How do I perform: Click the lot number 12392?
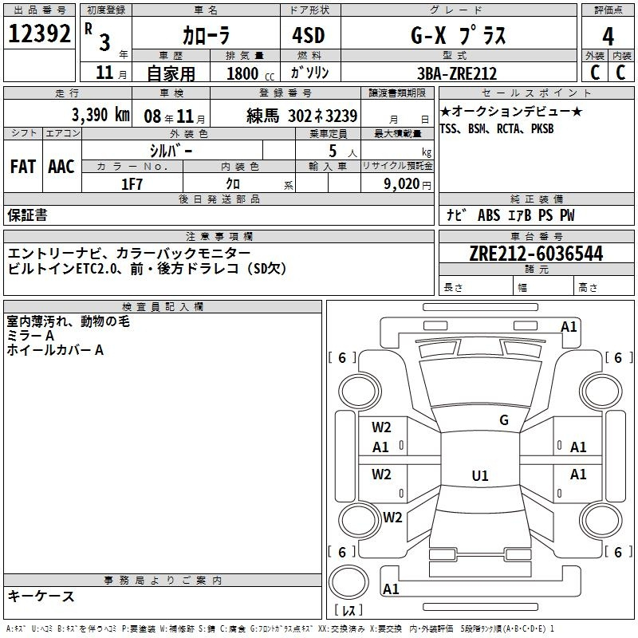[x=39, y=33]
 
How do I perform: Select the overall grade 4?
[x=608, y=37]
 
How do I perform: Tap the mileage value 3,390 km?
[x=100, y=115]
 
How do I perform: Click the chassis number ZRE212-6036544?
[x=536, y=254]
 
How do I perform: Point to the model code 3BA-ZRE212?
[x=457, y=73]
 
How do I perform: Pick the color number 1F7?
[x=132, y=184]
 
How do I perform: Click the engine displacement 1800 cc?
[x=250, y=73]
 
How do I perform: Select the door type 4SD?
[x=309, y=35]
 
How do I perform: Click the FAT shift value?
[x=23, y=167]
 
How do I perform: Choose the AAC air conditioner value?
[x=61, y=167]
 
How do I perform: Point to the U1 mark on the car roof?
[x=480, y=475]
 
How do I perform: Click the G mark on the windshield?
[x=504, y=420]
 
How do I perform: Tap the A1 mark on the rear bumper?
[x=391, y=589]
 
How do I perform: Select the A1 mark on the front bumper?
[x=569, y=327]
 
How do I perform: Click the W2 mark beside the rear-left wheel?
[x=392, y=517]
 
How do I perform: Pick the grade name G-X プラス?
[x=458, y=35]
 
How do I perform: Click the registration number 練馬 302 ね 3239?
[x=301, y=116]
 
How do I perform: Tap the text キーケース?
[x=41, y=597]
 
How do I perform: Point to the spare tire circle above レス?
[x=349, y=582]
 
